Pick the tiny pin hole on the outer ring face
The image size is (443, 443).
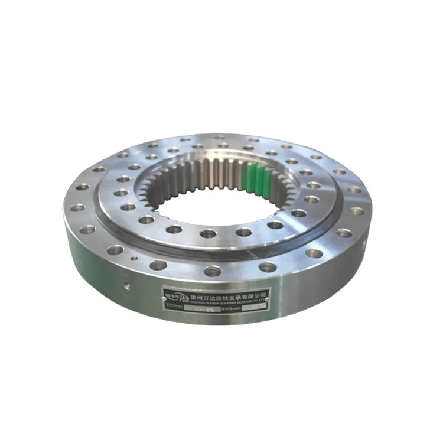[135, 258]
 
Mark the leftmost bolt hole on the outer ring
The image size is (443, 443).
[77, 207]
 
